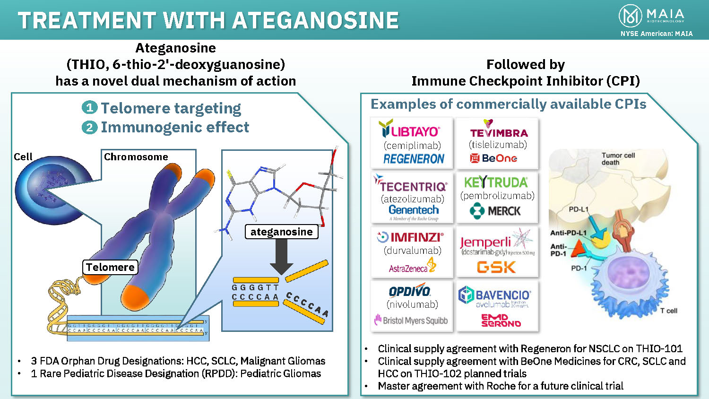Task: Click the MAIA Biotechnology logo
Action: (651, 16)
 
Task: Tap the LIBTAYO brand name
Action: (409, 130)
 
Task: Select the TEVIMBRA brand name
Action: (499, 132)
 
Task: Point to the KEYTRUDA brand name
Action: (496, 182)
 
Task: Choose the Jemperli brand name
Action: (485, 242)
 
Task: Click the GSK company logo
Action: (496, 268)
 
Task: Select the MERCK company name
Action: (504, 211)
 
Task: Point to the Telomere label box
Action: (110, 267)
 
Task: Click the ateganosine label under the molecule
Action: (281, 232)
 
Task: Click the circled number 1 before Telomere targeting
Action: (89, 108)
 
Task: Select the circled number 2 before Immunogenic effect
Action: (89, 127)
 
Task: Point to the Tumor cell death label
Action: (618, 159)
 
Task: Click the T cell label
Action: (668, 311)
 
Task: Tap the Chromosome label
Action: (136, 157)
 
